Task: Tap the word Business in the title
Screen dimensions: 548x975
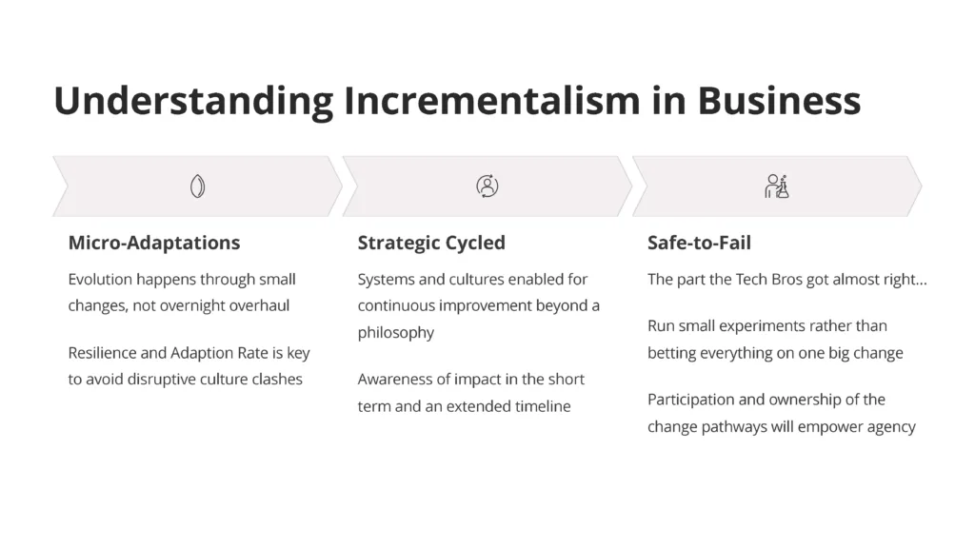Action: pyautogui.click(x=780, y=100)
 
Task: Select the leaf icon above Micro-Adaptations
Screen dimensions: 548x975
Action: pyautogui.click(x=197, y=186)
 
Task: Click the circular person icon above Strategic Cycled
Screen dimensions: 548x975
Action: pyautogui.click(x=487, y=186)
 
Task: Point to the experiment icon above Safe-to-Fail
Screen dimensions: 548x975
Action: pyautogui.click(x=777, y=186)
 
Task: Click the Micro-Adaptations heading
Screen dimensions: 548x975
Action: pyautogui.click(x=154, y=243)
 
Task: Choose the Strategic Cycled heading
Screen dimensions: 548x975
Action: pyautogui.click(x=431, y=243)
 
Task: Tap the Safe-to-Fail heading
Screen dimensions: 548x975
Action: pyautogui.click(x=699, y=243)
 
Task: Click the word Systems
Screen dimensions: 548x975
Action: pyautogui.click(x=386, y=280)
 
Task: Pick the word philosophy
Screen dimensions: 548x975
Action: pyautogui.click(x=396, y=333)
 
